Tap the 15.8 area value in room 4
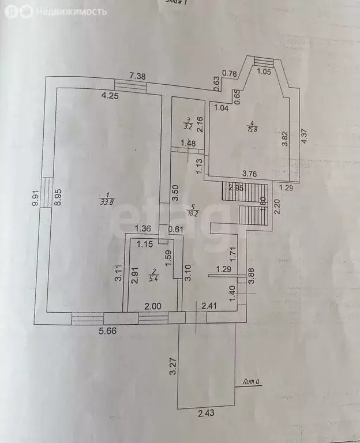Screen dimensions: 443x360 [252, 129]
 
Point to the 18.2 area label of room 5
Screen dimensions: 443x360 [194, 213]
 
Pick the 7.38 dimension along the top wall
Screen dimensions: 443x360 [138, 76]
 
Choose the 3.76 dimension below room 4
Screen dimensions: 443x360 [250, 173]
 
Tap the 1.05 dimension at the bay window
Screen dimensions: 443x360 [264, 72]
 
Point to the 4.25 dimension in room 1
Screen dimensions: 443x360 [110, 96]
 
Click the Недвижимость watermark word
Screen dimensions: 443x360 [72, 12]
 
